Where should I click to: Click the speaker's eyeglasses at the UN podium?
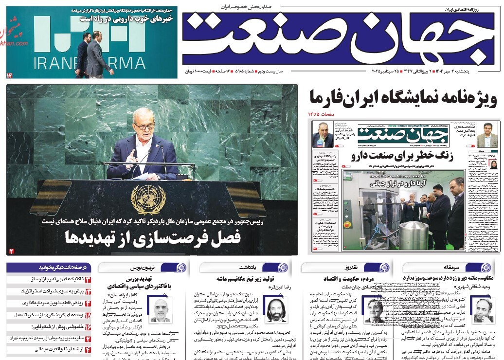coord(144,126)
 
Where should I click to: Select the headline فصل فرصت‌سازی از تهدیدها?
coord(153,238)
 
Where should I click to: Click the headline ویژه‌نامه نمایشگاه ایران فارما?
coord(403,99)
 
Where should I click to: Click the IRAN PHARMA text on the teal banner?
coord(90,63)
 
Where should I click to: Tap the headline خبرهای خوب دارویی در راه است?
coord(127,18)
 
